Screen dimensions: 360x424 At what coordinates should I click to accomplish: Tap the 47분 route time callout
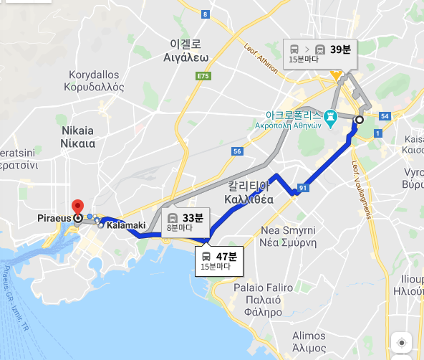coord(219,260)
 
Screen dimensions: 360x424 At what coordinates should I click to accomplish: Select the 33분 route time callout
coord(184,222)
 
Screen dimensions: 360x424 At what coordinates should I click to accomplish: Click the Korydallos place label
coord(97,81)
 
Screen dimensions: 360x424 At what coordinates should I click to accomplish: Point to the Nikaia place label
coord(77,137)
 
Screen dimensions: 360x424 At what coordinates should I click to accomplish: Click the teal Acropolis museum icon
coord(330,115)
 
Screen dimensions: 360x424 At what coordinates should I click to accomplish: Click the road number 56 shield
coord(236,151)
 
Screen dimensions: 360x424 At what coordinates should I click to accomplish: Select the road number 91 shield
coord(303,189)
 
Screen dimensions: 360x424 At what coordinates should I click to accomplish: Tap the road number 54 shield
coord(385,115)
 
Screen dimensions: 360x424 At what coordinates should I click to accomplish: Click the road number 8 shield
coord(205,14)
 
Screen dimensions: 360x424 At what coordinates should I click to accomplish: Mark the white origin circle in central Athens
coord(359,120)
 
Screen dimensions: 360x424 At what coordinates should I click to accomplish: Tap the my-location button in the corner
coord(402,343)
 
